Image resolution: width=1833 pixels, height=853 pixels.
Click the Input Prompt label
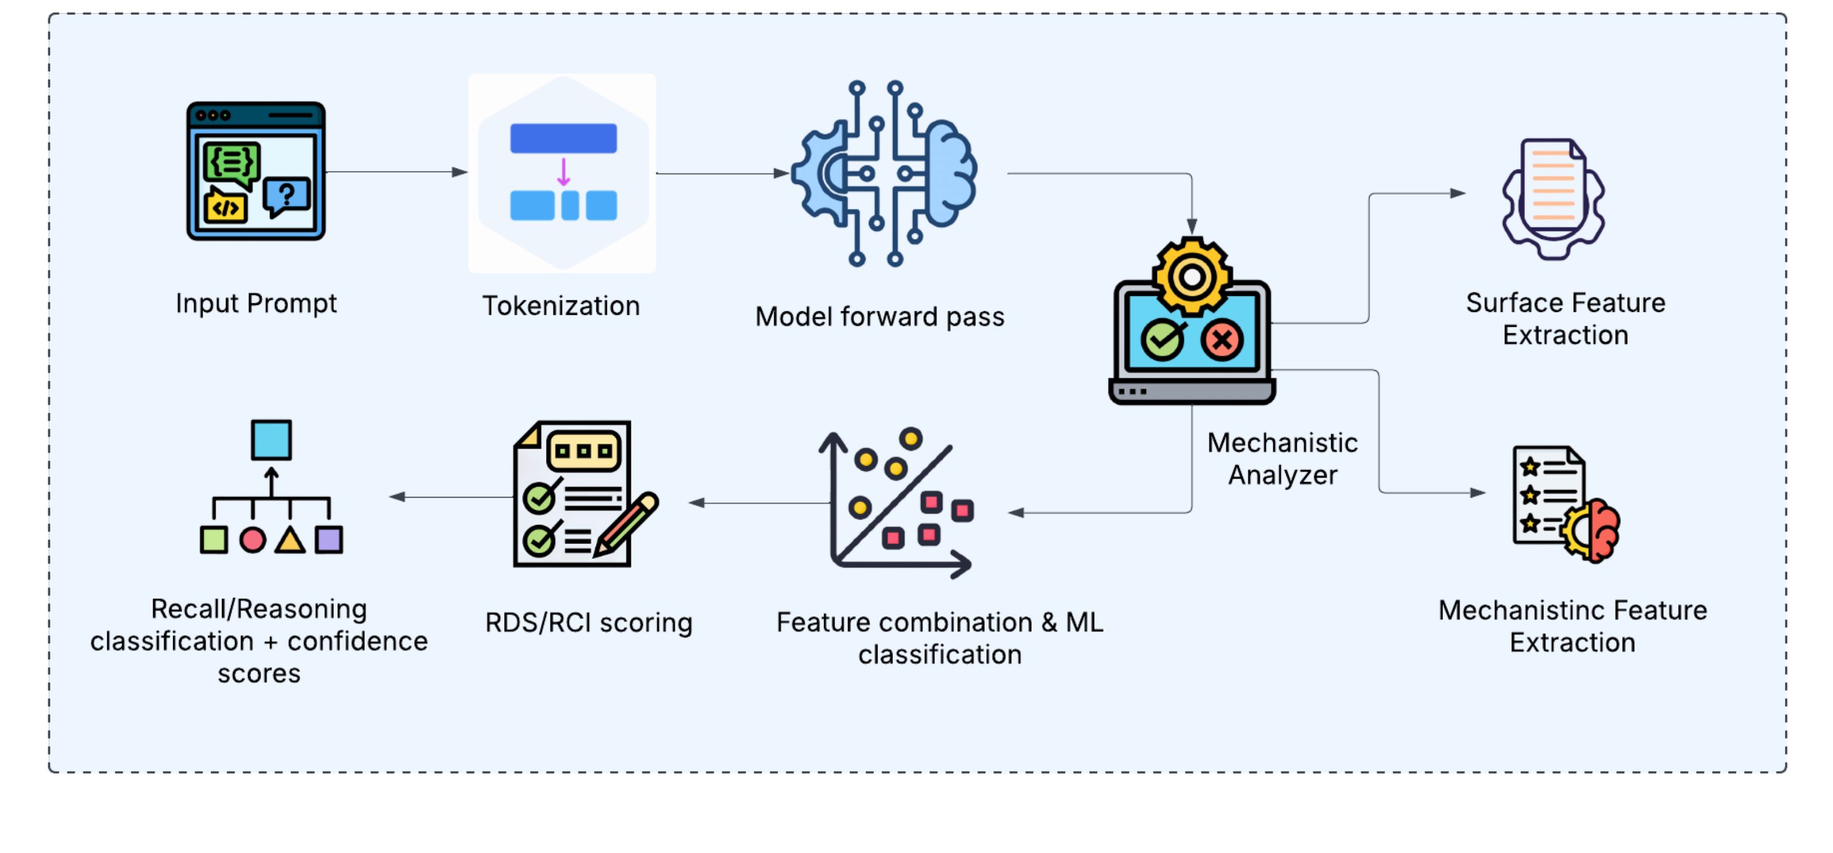pos(256,303)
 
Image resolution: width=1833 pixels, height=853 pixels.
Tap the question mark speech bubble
pos(287,195)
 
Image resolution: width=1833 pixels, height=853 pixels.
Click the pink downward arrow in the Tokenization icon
pos(564,172)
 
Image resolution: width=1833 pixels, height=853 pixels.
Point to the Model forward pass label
pos(879,316)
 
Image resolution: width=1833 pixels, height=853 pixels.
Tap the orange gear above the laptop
pos(1192,277)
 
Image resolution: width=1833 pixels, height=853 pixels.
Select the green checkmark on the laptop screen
pos(1162,340)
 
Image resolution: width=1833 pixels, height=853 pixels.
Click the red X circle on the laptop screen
pos(1222,340)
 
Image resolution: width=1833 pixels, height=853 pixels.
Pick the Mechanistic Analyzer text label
pos(1282,459)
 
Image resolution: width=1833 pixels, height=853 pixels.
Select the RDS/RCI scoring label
pos(588,623)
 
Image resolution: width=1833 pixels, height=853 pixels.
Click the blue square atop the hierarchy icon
pos(271,440)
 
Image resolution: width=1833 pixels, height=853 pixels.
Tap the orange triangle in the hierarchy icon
pos(290,540)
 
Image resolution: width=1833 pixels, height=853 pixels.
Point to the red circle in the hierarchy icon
pos(252,540)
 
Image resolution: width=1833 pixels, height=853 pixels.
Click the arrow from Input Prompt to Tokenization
pos(396,172)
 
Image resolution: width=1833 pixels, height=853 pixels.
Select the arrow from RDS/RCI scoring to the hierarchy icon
pos(451,496)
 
